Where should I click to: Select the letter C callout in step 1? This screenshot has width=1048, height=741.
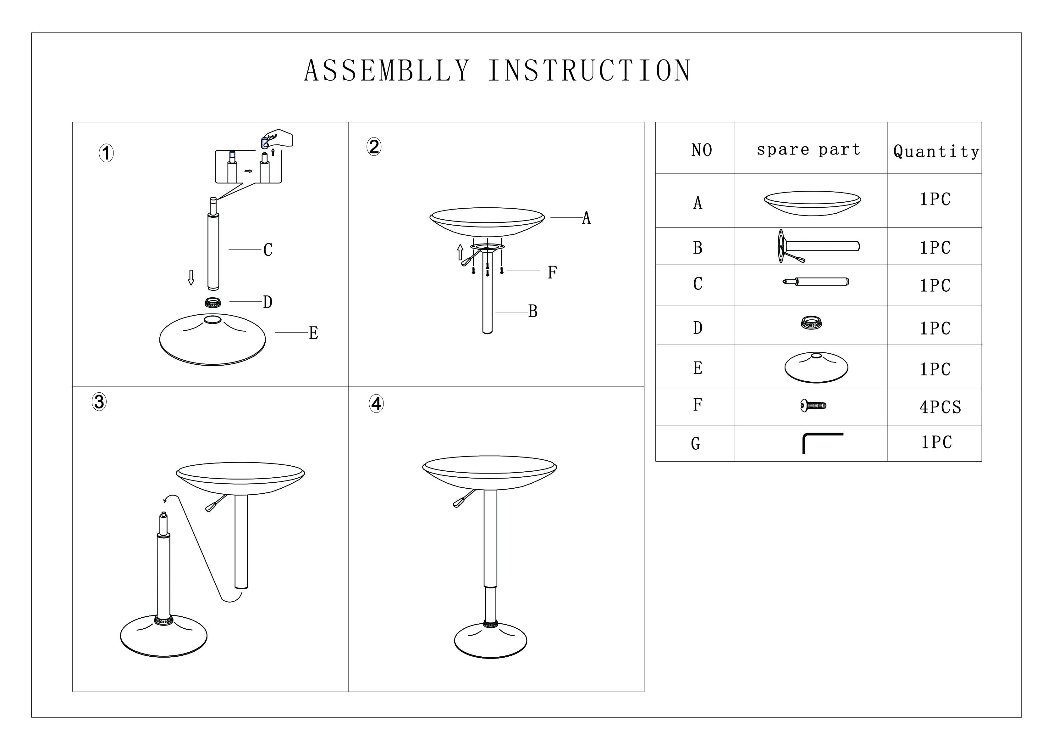tap(268, 250)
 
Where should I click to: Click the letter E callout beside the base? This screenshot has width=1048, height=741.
tap(313, 333)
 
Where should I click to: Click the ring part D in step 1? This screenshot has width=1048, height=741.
tap(213, 302)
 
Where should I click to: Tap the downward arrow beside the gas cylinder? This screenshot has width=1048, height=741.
tap(191, 277)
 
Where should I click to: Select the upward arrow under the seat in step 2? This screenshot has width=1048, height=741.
tap(460, 252)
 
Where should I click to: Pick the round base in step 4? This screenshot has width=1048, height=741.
tap(490, 641)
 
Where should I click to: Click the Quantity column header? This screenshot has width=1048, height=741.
tap(936, 151)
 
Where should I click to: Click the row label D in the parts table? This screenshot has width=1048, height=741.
tap(698, 328)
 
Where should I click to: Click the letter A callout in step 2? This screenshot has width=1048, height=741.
tap(586, 218)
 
